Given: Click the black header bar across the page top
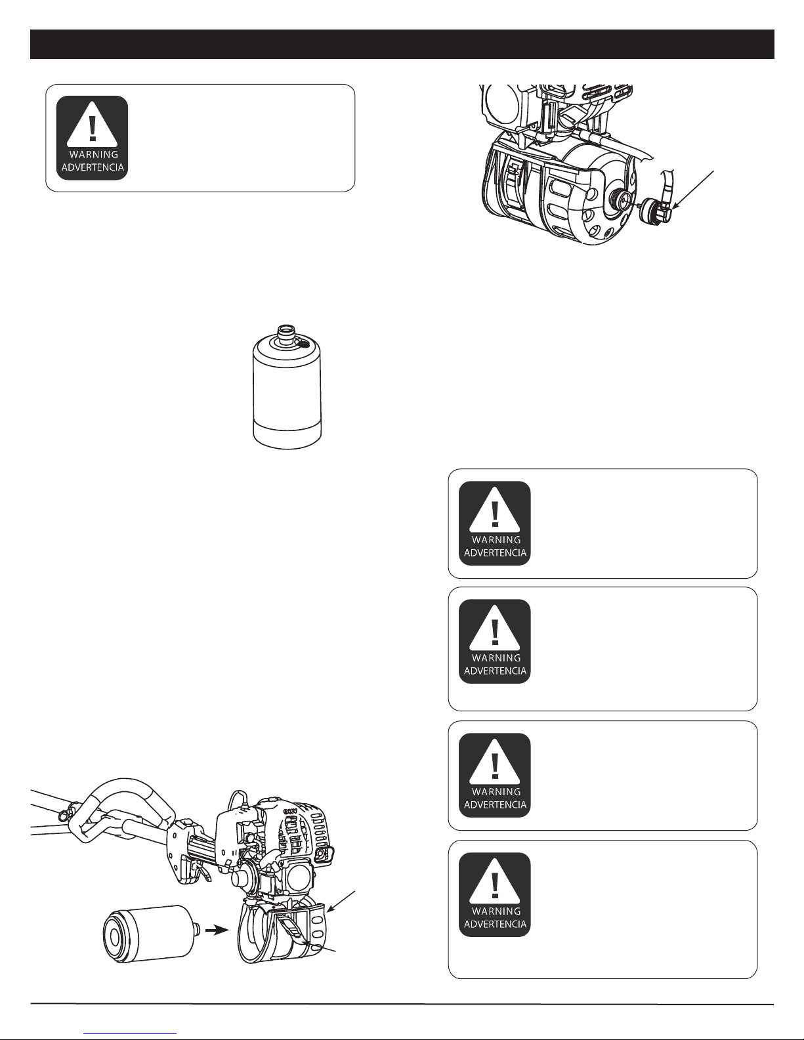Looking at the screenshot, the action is pos(402,44).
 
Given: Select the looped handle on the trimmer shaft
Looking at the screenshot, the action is pos(125,809).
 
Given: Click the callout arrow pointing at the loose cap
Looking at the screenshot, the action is pos(692,190).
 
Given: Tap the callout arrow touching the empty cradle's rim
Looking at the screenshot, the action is pos(341,901).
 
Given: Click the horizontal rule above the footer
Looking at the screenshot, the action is pos(402,1004).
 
